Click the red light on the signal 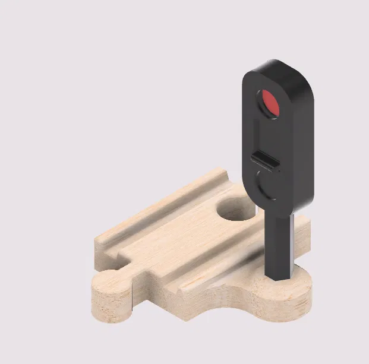(x=270, y=103)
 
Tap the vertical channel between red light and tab (x=260, y=134)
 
